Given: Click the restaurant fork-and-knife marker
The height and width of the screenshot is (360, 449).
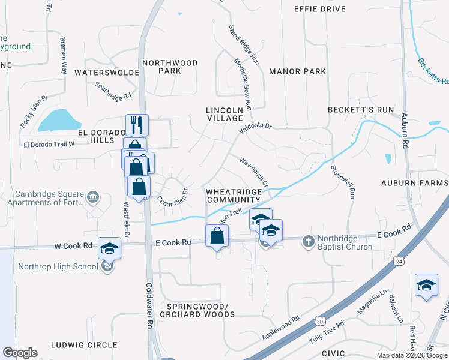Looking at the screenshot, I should pos(136,125).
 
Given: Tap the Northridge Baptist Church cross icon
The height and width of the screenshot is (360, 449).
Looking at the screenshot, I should pos(309,241).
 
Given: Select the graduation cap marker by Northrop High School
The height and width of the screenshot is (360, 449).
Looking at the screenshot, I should pos(110,248).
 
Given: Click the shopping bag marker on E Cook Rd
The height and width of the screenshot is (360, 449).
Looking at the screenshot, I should pos(217,236).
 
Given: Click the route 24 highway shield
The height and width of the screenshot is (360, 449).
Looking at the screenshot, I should pos(399,261).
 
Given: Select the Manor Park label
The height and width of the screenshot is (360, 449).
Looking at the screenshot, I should pos(298,71).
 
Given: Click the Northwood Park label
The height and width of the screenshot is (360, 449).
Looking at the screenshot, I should pos(170,67).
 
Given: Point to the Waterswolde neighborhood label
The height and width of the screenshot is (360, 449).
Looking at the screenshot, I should pos(107,72).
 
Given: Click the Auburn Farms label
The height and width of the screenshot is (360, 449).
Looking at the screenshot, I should pos(415,182).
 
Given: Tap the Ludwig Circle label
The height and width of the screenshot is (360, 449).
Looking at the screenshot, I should pos(84,345).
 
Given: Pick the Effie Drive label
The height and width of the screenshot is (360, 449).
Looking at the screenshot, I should pos(320,9).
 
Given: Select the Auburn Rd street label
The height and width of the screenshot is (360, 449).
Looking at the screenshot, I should pos(405,131).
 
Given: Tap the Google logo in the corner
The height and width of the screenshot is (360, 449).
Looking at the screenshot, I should pos(20,353).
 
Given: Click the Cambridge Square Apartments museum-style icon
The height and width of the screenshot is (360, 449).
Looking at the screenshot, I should pos(93,197).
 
